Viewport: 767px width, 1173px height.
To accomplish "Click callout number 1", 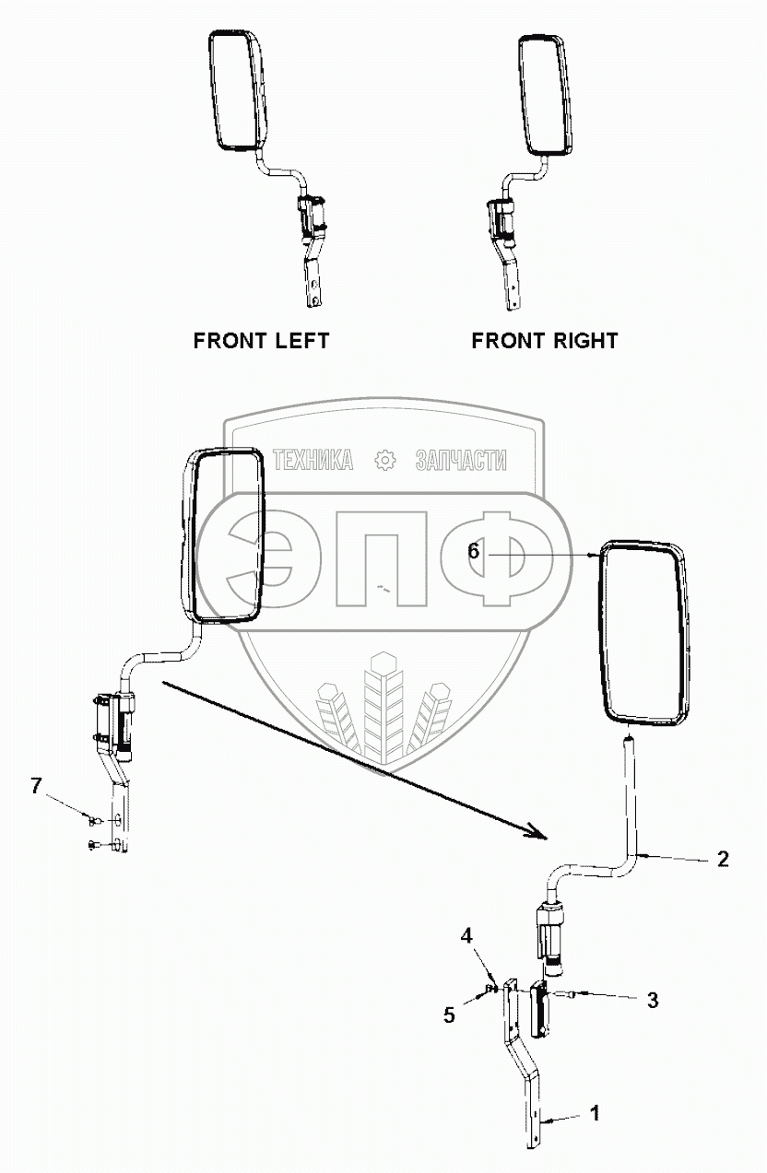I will [x=595, y=1114].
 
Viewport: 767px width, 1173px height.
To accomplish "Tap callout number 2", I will [x=723, y=859].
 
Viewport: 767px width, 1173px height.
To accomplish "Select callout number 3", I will [x=652, y=1000].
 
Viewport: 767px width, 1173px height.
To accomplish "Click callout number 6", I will [x=473, y=551].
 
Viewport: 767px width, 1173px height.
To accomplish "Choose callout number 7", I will [x=36, y=786].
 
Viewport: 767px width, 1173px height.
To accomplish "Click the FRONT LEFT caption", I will [x=261, y=340].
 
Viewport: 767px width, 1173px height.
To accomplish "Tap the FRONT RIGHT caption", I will [x=544, y=340].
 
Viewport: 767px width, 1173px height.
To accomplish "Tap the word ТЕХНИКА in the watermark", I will [x=313, y=459].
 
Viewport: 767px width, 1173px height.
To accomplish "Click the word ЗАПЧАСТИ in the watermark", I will [x=461, y=459].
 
